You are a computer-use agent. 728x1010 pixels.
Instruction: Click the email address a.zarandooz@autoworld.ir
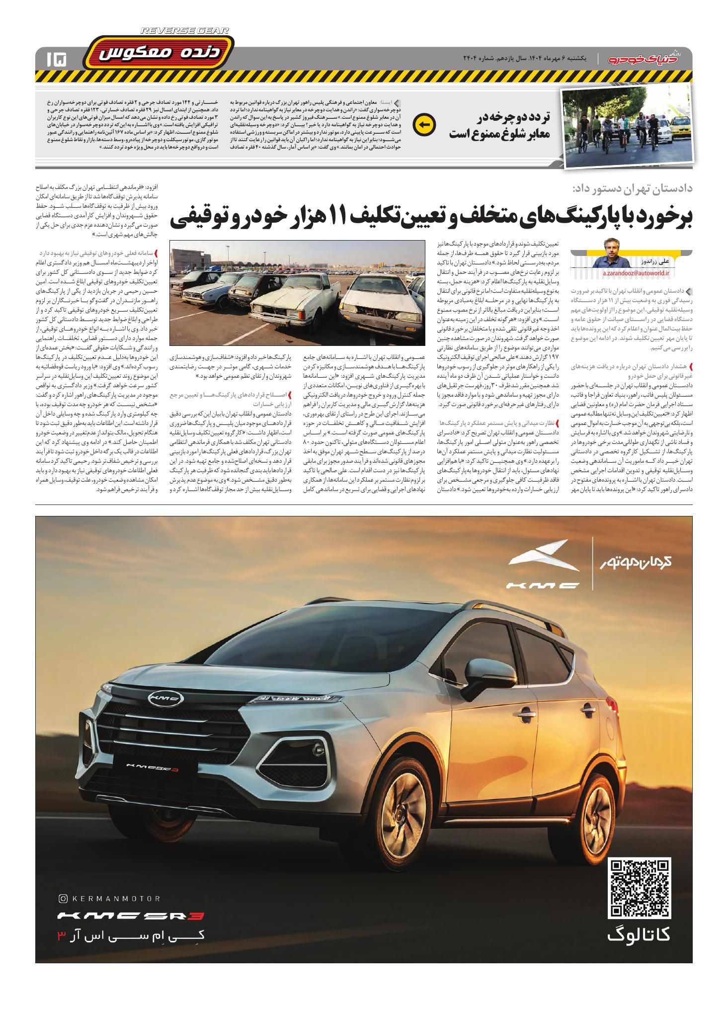[636, 273]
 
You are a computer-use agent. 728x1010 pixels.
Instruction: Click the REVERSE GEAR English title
[184, 31]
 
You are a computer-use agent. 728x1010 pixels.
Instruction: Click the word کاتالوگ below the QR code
[638, 935]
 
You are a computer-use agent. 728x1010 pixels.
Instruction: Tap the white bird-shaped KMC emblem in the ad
[543, 558]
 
